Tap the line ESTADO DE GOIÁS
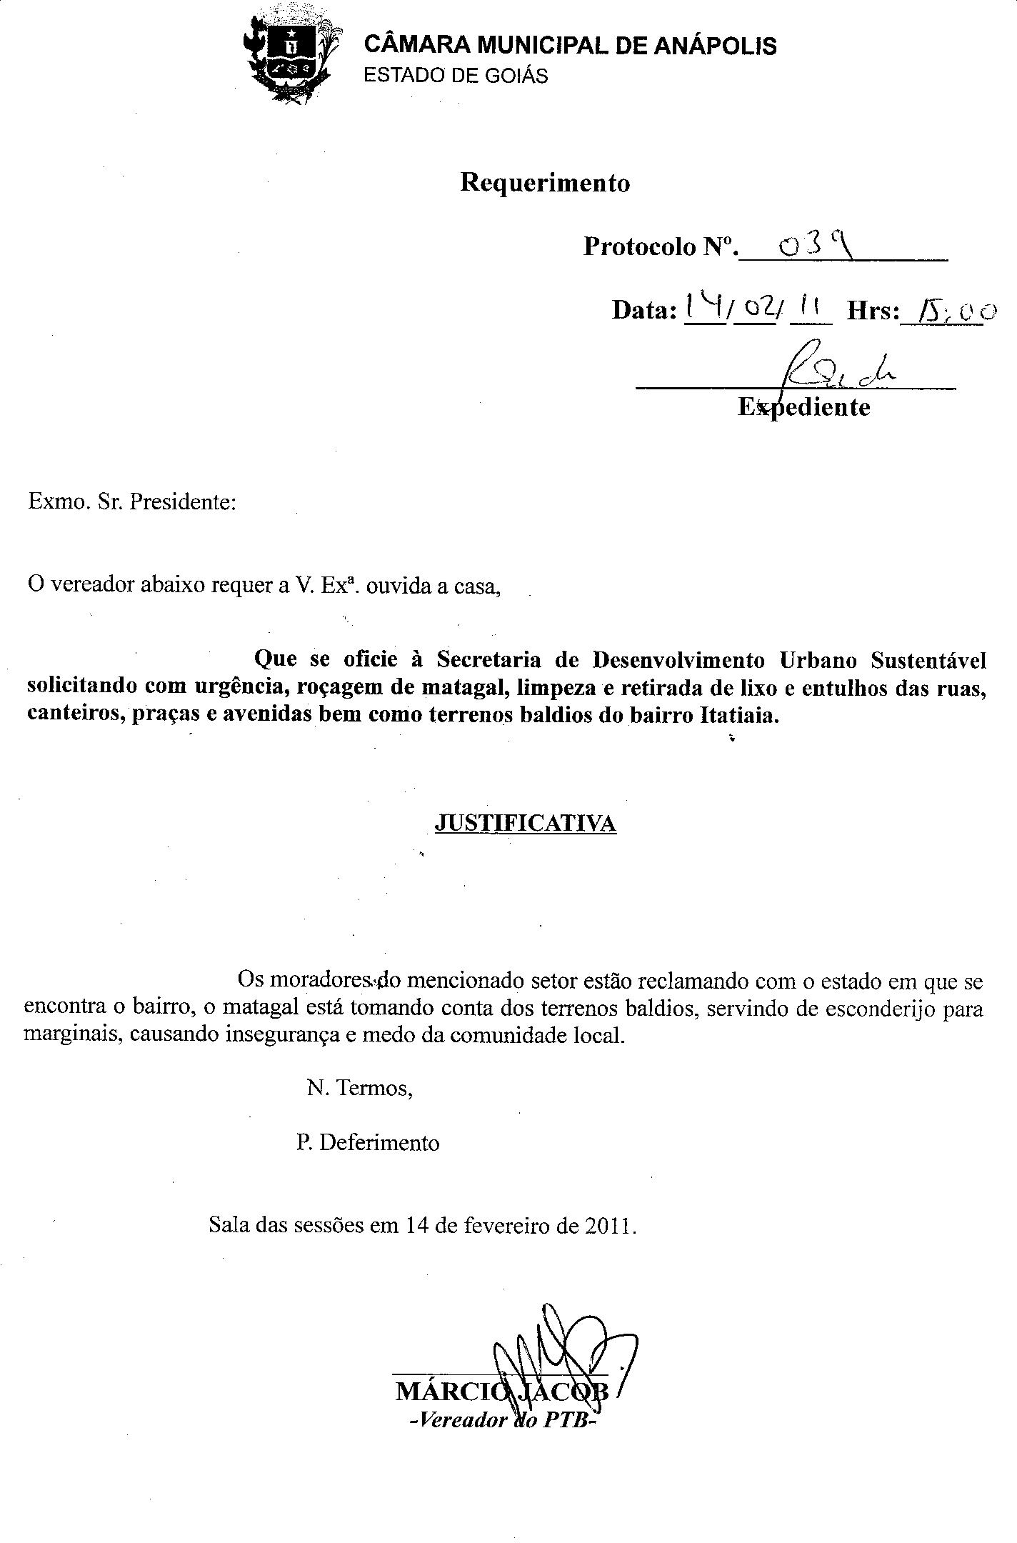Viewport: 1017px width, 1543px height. tap(456, 76)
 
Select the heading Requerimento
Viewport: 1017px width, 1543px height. tap(545, 183)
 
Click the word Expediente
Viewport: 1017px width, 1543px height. tap(803, 407)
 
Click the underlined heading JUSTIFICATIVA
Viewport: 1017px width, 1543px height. tap(525, 824)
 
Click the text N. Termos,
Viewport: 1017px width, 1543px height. tap(359, 1088)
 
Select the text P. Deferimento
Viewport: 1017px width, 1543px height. tap(368, 1143)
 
